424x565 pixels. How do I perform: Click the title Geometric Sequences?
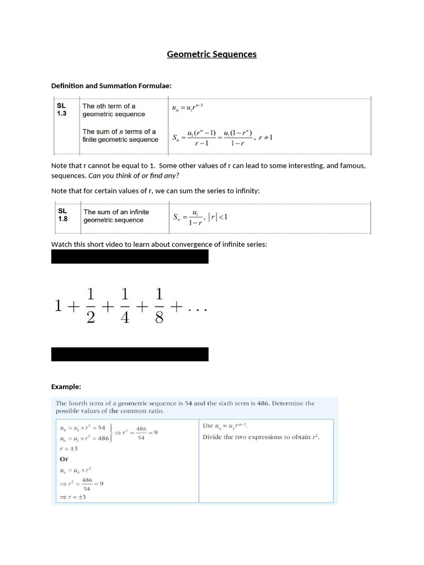pos(212,54)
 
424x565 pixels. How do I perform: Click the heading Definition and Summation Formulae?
pos(112,86)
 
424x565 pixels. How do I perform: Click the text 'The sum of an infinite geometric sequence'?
pos(116,216)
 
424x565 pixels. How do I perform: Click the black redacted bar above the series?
pos(130,257)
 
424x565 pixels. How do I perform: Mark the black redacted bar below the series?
pos(130,354)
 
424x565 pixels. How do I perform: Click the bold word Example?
pos(66,386)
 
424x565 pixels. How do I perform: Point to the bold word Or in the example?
pos(63,459)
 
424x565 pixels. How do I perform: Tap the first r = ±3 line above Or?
pos(68,449)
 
